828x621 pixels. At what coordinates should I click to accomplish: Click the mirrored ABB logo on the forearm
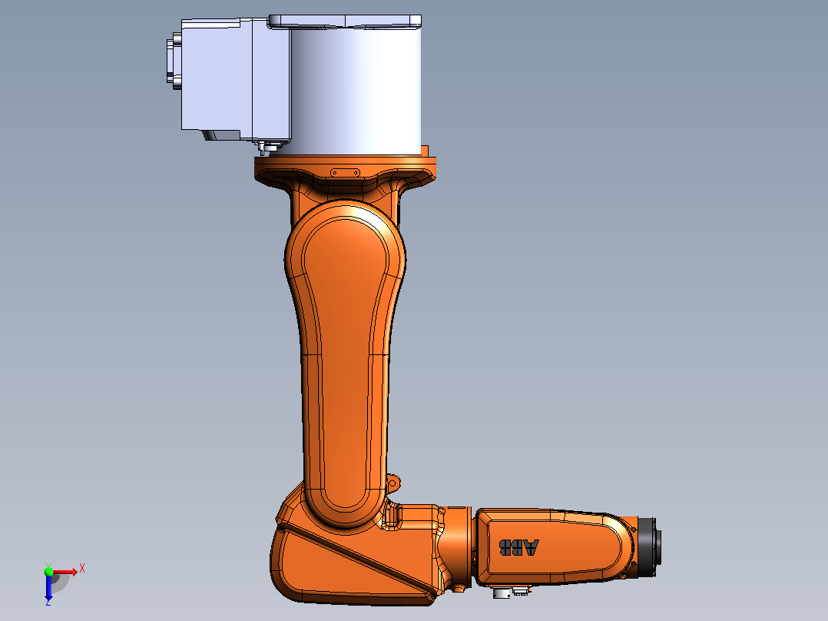pos(519,547)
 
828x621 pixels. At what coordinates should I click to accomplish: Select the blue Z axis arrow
pos(48,586)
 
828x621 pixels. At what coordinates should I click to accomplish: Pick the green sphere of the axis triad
pos(49,571)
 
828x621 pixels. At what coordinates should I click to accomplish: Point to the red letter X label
pos(82,569)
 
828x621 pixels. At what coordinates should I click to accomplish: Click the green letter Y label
pos(48,565)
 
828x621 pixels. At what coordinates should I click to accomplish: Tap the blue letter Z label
pos(48,602)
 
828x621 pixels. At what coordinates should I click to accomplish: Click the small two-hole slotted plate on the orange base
pos(346,173)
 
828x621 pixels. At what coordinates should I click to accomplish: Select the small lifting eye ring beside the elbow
pos(393,482)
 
